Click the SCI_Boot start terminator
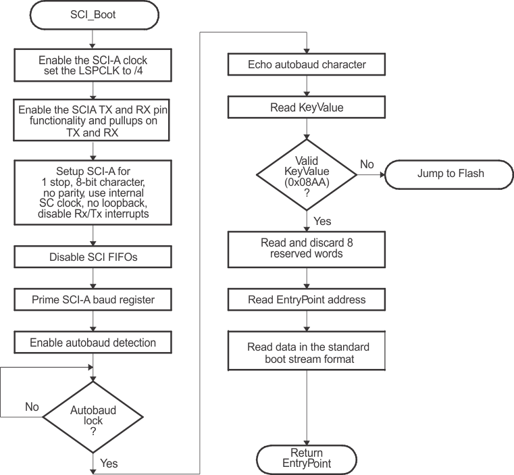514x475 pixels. (93, 14)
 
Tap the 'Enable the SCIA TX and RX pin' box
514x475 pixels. (93, 120)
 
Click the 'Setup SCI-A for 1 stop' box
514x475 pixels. (93, 191)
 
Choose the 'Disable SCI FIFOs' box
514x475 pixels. (93, 257)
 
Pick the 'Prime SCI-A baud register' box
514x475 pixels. (93, 299)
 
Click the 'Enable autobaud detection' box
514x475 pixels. (93, 343)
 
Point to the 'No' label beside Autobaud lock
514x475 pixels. (32, 407)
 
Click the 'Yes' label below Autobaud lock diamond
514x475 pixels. (108, 464)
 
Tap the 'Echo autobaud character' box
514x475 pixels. (307, 65)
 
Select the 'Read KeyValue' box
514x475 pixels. (307, 107)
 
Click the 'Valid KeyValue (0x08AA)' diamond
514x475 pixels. (307, 174)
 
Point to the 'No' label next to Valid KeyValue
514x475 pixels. (367, 164)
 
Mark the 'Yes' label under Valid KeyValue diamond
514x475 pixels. (322, 221)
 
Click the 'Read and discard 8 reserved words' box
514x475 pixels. (307, 249)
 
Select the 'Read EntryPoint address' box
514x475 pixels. (307, 300)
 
